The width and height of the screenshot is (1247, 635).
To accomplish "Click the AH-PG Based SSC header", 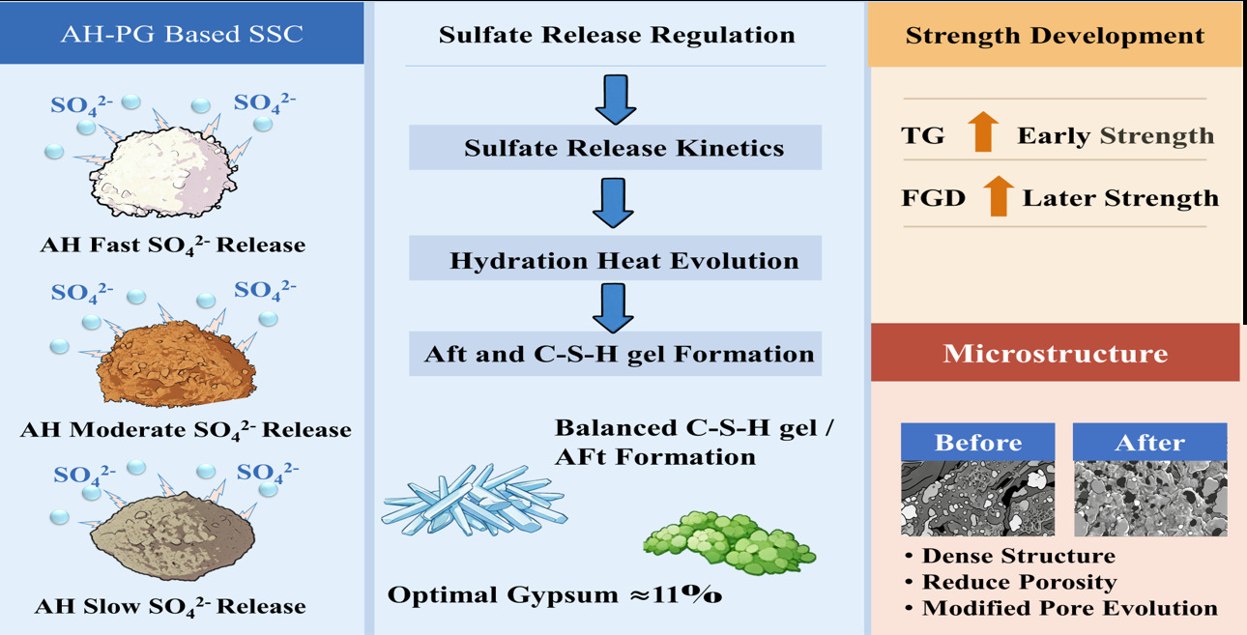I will click(x=182, y=35).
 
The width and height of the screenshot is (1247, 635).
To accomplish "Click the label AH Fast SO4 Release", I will click(x=173, y=245).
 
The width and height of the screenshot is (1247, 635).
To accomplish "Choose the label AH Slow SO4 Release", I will click(x=171, y=607).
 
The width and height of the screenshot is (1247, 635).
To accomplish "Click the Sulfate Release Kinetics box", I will click(x=616, y=148).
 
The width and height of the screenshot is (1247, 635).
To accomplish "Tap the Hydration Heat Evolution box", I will click(x=616, y=260).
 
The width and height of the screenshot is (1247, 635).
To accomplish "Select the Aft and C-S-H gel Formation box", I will click(x=616, y=354).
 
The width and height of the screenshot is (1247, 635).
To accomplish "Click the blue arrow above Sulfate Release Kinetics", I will click(x=615, y=99).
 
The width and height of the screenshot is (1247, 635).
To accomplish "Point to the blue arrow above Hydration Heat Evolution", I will click(x=613, y=202).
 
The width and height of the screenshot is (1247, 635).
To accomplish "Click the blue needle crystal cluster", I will click(x=474, y=501).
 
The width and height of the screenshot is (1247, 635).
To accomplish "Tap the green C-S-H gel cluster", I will click(x=729, y=542).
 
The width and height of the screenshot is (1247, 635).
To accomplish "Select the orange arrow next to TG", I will click(x=983, y=132).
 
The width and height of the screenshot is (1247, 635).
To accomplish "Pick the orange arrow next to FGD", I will click(x=999, y=196).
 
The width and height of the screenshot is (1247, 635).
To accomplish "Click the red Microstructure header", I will click(x=1055, y=353).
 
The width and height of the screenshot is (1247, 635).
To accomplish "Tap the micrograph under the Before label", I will click(x=977, y=498).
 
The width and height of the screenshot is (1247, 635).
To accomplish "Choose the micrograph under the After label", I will click(x=1150, y=498).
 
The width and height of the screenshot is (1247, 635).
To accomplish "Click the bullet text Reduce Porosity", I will click(x=1019, y=582).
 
